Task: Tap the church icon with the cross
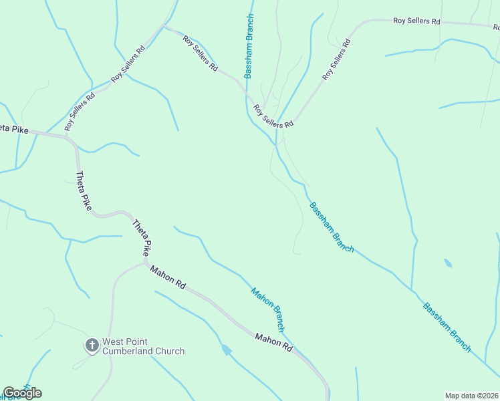tap(92, 346)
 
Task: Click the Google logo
tap(22, 393)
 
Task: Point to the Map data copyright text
tap(471, 396)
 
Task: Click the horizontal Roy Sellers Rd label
tap(416, 21)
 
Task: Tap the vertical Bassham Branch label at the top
tap(249, 46)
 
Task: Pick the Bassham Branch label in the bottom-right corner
tap(447, 327)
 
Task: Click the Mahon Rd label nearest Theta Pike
tap(168, 277)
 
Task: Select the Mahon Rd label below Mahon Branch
tap(274, 343)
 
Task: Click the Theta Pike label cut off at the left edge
tap(14, 128)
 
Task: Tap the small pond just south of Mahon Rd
tap(227, 350)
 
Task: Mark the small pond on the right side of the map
tap(447, 263)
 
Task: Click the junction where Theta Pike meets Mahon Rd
tap(145, 263)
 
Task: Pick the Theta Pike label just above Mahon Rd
tap(142, 239)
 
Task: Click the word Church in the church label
tap(168, 351)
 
